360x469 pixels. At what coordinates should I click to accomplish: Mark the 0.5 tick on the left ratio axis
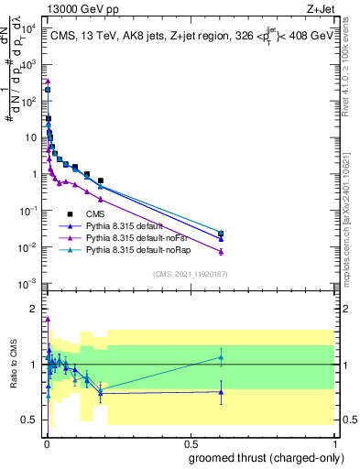point(31,420)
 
